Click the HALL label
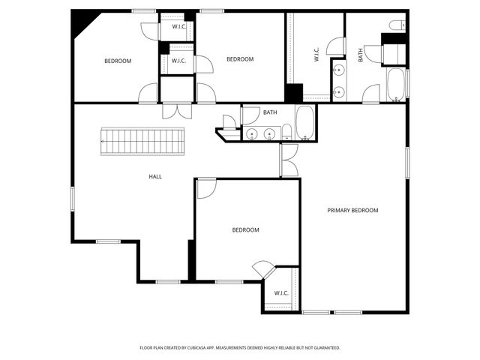click(155, 177)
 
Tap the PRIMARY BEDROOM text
click(352, 211)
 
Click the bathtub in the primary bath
click(396, 84)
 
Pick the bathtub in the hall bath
click(304, 123)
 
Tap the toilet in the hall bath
click(286, 133)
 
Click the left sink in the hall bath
click(250, 134)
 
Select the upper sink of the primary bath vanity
click(339, 72)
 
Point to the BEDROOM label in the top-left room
click(118, 61)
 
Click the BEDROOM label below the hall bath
click(245, 230)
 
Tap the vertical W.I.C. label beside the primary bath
click(316, 55)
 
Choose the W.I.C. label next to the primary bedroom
click(281, 293)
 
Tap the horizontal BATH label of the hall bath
click(270, 113)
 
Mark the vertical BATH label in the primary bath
click(360, 55)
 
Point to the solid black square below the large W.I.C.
click(293, 93)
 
